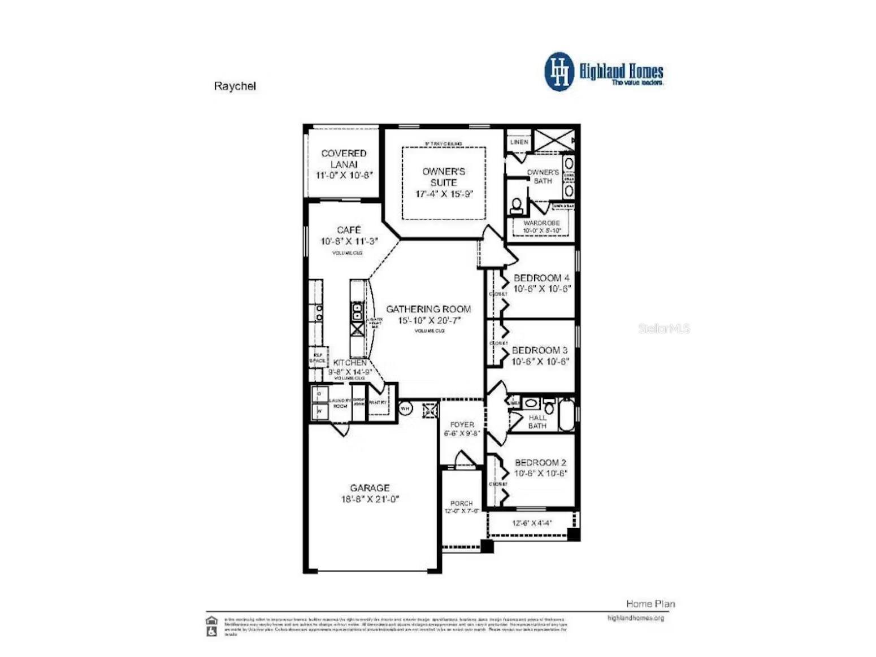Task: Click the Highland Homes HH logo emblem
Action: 559,72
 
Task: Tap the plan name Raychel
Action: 235,86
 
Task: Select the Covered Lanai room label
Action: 344,159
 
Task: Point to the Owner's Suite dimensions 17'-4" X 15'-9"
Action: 444,194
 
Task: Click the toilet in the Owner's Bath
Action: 516,205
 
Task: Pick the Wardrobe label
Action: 541,223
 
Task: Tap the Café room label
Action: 349,230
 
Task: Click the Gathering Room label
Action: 428,309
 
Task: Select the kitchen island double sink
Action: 357,311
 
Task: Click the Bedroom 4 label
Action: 541,278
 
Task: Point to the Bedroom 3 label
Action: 540,350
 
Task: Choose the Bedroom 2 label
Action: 540,463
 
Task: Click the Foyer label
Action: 462,424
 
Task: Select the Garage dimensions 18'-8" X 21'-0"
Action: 370,499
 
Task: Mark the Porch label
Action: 462,503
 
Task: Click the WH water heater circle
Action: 405,408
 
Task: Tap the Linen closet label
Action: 519,142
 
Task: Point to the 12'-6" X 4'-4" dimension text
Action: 532,523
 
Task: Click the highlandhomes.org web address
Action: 636,618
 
